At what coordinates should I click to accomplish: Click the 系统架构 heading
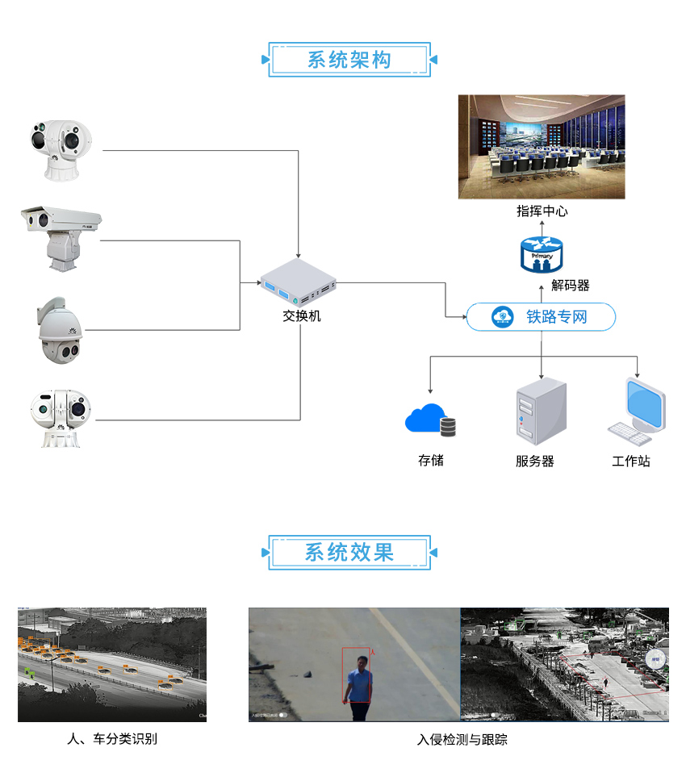(x=349, y=61)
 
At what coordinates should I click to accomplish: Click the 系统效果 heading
(x=349, y=552)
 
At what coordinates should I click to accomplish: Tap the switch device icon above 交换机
(x=298, y=283)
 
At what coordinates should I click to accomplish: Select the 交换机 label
(x=301, y=316)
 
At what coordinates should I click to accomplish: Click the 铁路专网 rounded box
(x=542, y=317)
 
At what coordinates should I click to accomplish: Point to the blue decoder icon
(x=542, y=253)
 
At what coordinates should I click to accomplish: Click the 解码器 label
(x=571, y=285)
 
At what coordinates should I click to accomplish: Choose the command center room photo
(x=542, y=147)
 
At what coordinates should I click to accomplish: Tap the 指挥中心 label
(x=542, y=211)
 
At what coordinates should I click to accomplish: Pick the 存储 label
(x=430, y=461)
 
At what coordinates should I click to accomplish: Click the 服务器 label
(x=534, y=462)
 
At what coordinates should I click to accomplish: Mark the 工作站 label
(x=630, y=462)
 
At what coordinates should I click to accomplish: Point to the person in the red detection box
(x=358, y=682)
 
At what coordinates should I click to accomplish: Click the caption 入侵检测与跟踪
(x=462, y=739)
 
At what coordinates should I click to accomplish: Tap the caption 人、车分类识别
(x=112, y=739)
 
